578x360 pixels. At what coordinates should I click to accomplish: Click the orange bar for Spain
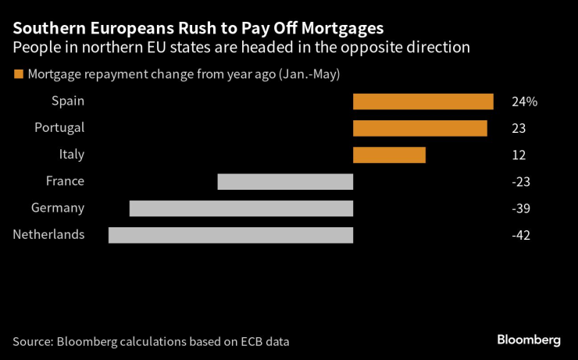point(423,102)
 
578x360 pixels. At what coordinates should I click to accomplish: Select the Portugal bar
point(419,128)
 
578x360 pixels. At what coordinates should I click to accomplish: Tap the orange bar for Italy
point(389,155)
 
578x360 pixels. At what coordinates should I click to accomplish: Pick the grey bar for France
point(285,182)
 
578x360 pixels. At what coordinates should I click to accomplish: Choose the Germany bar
point(241,209)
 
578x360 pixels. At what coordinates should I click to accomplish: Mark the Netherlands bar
point(230,235)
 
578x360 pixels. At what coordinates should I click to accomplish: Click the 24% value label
point(525,102)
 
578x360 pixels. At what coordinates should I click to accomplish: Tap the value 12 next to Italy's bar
point(519,155)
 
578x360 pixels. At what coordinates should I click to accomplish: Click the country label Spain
point(68,101)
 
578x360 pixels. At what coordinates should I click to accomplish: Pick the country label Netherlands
point(48,234)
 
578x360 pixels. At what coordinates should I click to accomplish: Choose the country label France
point(65,181)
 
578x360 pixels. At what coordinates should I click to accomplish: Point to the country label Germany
point(57,208)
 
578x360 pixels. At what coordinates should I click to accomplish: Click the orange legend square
point(18,75)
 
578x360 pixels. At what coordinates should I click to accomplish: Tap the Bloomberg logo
point(529,340)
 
